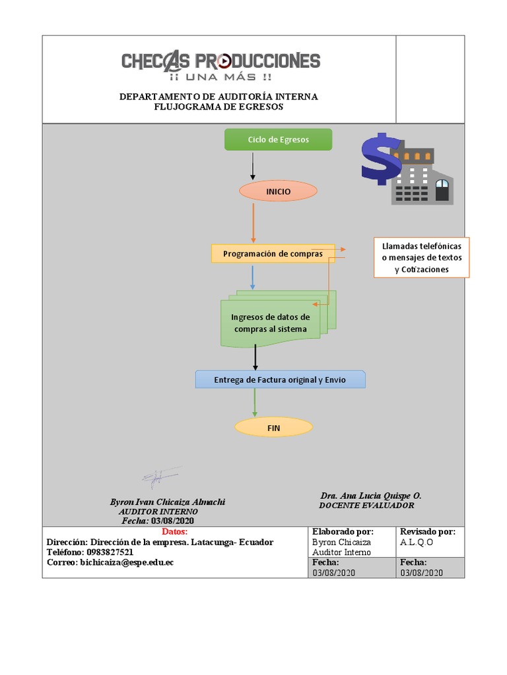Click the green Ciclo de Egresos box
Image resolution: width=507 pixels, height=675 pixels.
[278, 140]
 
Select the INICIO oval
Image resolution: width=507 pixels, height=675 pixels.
[278, 191]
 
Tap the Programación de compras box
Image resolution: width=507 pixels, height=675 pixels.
[273, 254]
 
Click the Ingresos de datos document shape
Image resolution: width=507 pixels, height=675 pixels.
[271, 322]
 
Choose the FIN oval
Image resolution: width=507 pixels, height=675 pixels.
[273, 428]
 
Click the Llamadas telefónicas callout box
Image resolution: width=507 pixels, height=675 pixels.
[421, 257]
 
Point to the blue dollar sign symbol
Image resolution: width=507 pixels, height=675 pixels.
[380, 160]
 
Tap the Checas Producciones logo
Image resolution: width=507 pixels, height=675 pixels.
[220, 66]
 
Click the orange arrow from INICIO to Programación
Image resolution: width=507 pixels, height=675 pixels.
[253, 222]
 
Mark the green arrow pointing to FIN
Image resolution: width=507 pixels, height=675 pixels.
[255, 402]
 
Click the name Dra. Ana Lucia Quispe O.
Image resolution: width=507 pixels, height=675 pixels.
[370, 495]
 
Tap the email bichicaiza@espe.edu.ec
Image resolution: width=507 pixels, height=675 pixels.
[127, 562]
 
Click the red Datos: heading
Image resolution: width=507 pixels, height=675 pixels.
[174, 531]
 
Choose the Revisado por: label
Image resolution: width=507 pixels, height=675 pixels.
[427, 531]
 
